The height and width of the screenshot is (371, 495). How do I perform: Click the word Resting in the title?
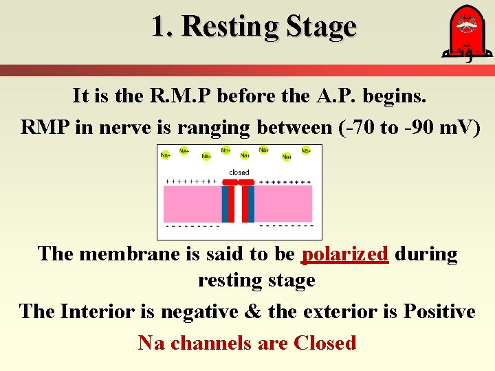[230, 27]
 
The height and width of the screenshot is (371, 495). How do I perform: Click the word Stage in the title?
[321, 27]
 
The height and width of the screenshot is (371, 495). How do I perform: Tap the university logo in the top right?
[461, 34]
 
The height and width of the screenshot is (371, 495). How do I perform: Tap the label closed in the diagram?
[239, 172]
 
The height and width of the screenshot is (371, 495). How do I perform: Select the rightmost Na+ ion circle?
[306, 150]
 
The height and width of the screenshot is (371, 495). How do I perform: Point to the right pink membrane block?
[285, 203]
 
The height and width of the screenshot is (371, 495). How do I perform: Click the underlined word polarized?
[345, 254]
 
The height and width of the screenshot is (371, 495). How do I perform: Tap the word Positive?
[439, 312]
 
